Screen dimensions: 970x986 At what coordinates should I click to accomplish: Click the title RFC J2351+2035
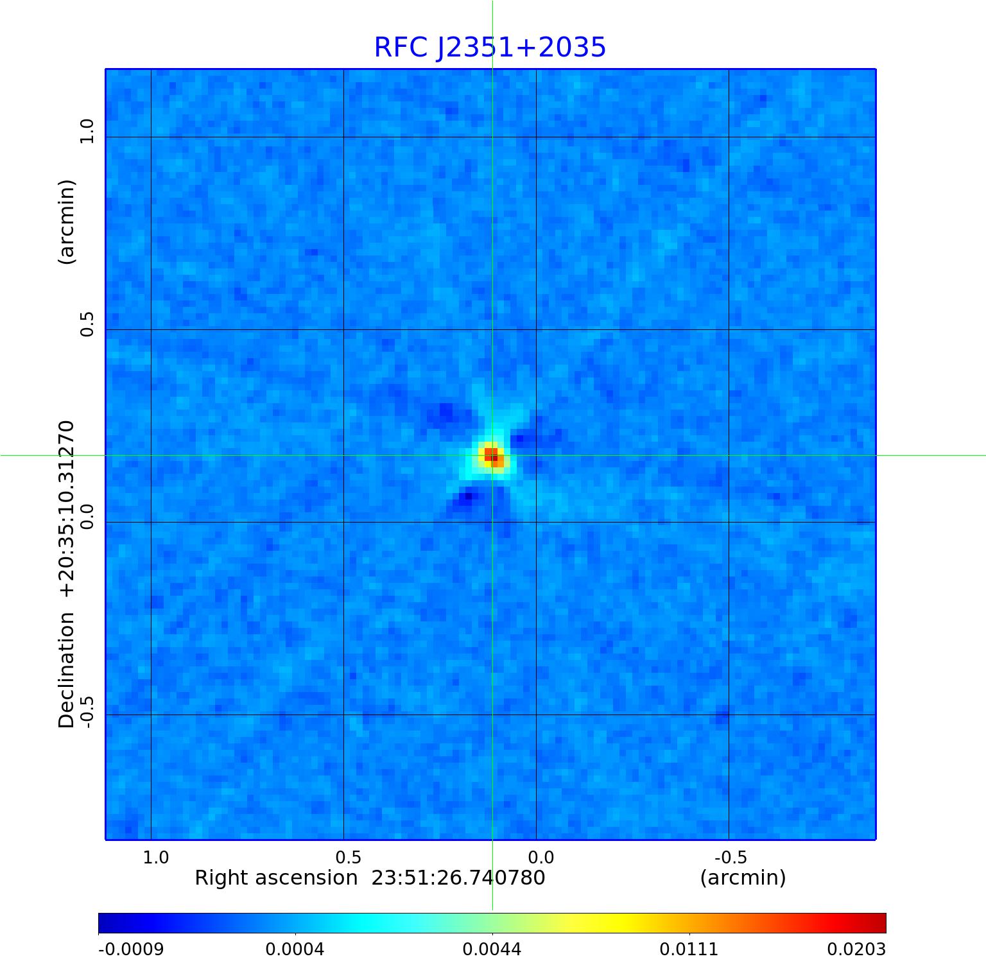(490, 48)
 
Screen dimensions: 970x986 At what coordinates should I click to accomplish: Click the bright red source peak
(491, 455)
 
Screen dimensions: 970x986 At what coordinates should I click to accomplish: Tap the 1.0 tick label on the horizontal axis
(155, 858)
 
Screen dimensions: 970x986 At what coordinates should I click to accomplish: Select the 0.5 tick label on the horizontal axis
(348, 858)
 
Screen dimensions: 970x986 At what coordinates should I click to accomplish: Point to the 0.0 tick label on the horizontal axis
(541, 858)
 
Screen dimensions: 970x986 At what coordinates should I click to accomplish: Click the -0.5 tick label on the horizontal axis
(731, 858)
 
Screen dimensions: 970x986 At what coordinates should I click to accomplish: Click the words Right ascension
(275, 878)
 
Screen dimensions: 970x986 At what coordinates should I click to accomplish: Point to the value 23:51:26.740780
(458, 878)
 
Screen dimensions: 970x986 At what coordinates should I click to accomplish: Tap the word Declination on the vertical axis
(67, 670)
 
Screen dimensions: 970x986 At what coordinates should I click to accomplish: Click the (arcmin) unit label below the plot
(743, 878)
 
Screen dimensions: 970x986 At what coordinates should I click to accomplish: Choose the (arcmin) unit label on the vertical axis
(67, 222)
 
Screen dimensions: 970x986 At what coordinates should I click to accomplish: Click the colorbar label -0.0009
(131, 949)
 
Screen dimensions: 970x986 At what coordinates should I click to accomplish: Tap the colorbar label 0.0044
(492, 949)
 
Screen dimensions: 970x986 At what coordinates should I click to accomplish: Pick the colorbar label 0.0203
(856, 949)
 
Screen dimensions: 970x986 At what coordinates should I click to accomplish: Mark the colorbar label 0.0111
(689, 949)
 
